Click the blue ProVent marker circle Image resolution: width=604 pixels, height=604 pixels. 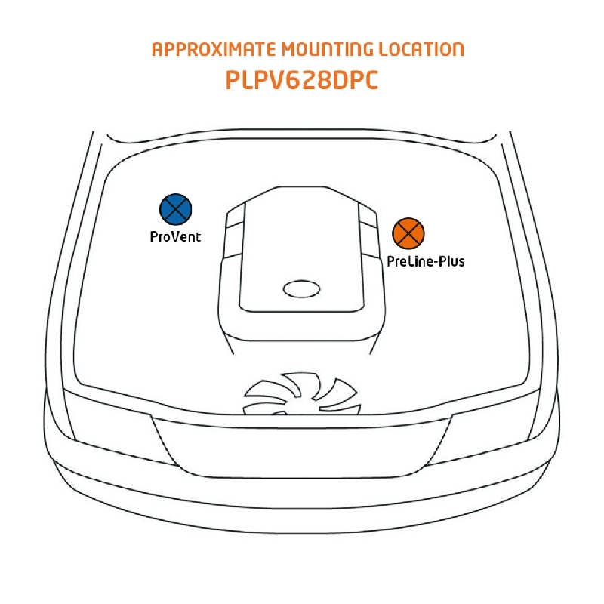pyautogui.click(x=176, y=209)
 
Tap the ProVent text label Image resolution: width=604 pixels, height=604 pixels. pyautogui.click(x=175, y=236)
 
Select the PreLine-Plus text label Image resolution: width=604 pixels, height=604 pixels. pyautogui.click(x=425, y=262)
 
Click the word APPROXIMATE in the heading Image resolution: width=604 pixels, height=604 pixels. pyautogui.click(x=214, y=50)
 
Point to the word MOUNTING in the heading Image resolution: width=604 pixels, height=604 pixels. pyautogui.click(x=326, y=50)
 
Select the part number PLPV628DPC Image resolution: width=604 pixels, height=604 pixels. pyautogui.click(x=301, y=81)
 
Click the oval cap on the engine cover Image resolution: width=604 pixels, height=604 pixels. pyautogui.click(x=301, y=288)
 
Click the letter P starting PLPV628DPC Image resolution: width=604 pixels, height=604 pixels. pyautogui.click(x=233, y=81)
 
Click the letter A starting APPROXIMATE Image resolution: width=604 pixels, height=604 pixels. pyautogui.click(x=157, y=50)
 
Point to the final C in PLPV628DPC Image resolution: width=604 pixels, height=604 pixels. pyautogui.click(x=369, y=81)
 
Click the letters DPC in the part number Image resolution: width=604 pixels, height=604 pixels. pyautogui.click(x=353, y=81)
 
